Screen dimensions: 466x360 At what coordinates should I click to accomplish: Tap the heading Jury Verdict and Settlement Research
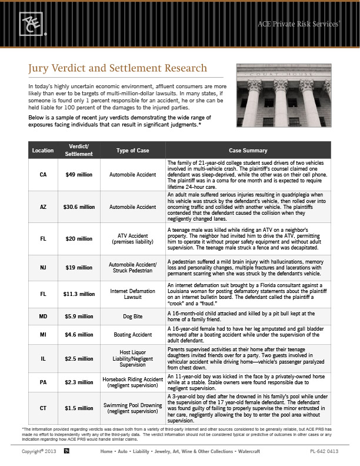tap(118, 69)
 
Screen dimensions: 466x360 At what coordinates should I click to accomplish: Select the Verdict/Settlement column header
tap(79, 150)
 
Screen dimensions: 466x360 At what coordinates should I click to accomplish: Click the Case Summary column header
tap(248, 151)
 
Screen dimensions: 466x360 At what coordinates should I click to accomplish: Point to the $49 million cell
tap(79, 175)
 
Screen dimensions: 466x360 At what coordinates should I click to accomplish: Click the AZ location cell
tap(43, 207)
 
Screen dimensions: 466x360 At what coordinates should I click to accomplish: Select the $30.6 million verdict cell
tap(79, 207)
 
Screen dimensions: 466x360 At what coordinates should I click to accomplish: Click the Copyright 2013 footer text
tap(38, 451)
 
